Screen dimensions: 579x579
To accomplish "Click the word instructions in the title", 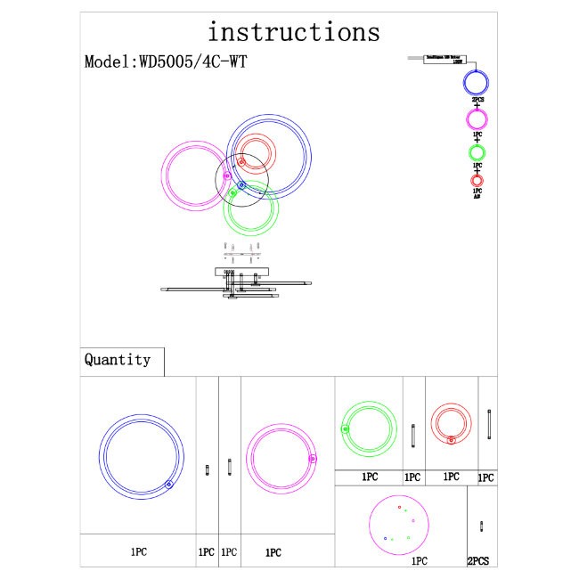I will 293,32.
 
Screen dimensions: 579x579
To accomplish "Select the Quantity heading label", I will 118,360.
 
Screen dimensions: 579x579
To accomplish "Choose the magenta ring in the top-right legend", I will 477,120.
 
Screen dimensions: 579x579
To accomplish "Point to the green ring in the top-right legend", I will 477,153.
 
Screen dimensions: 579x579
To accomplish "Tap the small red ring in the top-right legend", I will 477,181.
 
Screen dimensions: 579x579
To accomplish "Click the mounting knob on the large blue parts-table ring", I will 168,485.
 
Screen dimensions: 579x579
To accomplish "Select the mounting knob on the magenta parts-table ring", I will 313,459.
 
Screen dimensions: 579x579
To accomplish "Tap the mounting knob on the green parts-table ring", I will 345,429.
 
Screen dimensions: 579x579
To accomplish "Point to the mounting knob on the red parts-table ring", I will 452,440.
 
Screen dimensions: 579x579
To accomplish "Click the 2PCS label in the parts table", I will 483,561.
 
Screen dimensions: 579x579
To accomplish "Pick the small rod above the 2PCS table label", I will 482,526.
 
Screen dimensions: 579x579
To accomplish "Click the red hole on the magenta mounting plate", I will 401,508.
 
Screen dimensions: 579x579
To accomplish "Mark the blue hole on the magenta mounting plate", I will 386,539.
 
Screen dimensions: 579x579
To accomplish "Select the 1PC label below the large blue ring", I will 137,552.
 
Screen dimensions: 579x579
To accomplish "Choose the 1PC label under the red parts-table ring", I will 451,477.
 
